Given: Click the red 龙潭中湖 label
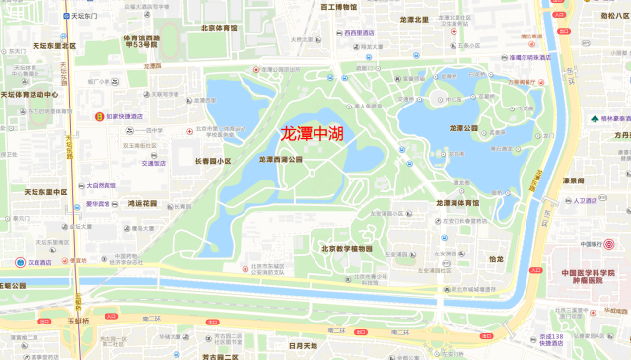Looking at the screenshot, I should coord(312,134).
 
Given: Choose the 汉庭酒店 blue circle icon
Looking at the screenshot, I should coord(21,262).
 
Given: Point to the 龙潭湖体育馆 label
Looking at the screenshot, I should coord(458,202).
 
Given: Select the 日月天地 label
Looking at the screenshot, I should coord(303,346).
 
